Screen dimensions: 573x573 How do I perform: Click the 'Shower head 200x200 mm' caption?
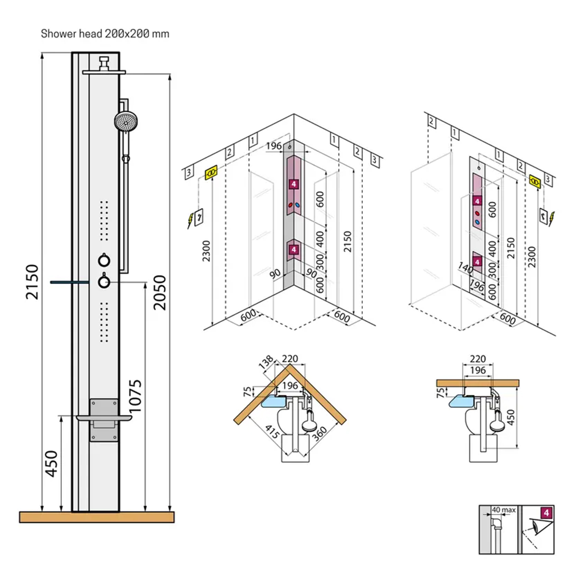(x=105, y=34)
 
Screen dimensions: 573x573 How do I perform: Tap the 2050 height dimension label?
(x=160, y=292)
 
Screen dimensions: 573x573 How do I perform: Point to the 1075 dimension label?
(x=135, y=396)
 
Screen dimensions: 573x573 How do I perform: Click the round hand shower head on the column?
(x=126, y=120)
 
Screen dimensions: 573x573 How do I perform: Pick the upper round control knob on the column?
(x=104, y=260)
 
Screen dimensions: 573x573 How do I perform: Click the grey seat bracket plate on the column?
(x=104, y=419)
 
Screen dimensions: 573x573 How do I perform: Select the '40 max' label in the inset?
(x=503, y=510)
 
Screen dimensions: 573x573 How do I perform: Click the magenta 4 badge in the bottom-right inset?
(x=546, y=513)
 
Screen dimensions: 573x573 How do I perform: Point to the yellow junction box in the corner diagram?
(x=211, y=172)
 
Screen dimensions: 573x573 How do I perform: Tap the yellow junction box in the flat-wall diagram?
(x=535, y=181)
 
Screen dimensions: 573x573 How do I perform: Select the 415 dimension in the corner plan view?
(x=272, y=432)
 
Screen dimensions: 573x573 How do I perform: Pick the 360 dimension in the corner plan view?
(x=319, y=434)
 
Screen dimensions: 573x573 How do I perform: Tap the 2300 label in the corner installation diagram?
(x=206, y=251)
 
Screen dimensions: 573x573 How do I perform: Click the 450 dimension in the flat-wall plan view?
(x=510, y=417)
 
